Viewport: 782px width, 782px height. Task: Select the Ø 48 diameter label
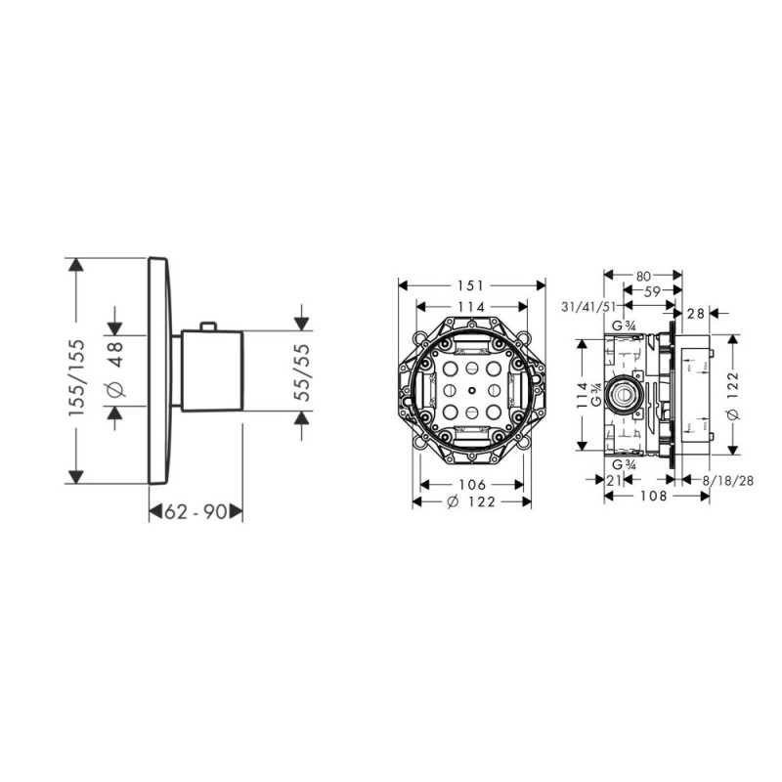116,370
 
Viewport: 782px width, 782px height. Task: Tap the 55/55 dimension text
304,369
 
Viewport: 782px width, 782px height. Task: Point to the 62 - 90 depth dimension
195,510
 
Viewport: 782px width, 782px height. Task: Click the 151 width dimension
471,285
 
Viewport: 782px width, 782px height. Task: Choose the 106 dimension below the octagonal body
472,486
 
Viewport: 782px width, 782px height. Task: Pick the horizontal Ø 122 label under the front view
472,502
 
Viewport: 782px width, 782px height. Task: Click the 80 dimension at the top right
642,276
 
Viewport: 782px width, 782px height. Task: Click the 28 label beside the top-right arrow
695,313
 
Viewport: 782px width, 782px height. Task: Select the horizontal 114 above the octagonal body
471,306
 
